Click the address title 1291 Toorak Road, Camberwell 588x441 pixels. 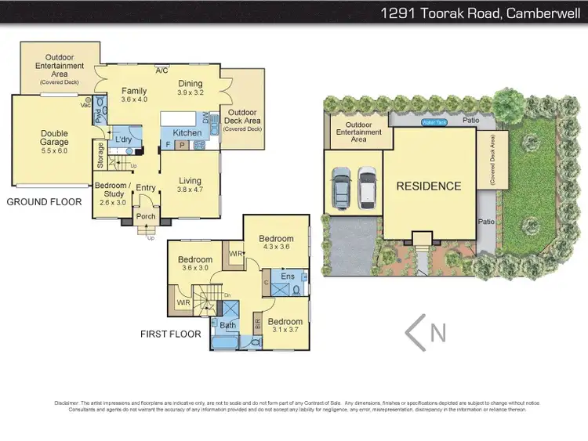pos(480,13)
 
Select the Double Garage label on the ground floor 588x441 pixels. pos(55,138)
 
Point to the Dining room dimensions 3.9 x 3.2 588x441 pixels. pos(190,92)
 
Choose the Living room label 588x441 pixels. pos(190,184)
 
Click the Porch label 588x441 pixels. pos(146,217)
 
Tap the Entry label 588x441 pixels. pos(146,188)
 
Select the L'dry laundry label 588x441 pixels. pos(122,139)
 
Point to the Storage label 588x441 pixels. pos(100,155)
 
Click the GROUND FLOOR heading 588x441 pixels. pos(44,202)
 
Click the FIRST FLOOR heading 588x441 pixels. pos(170,334)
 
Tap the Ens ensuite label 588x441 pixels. pos(287,276)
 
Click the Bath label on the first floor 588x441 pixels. pos(227,324)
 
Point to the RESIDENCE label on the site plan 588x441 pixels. pos(428,186)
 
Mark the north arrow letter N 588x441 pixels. pos(437,332)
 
